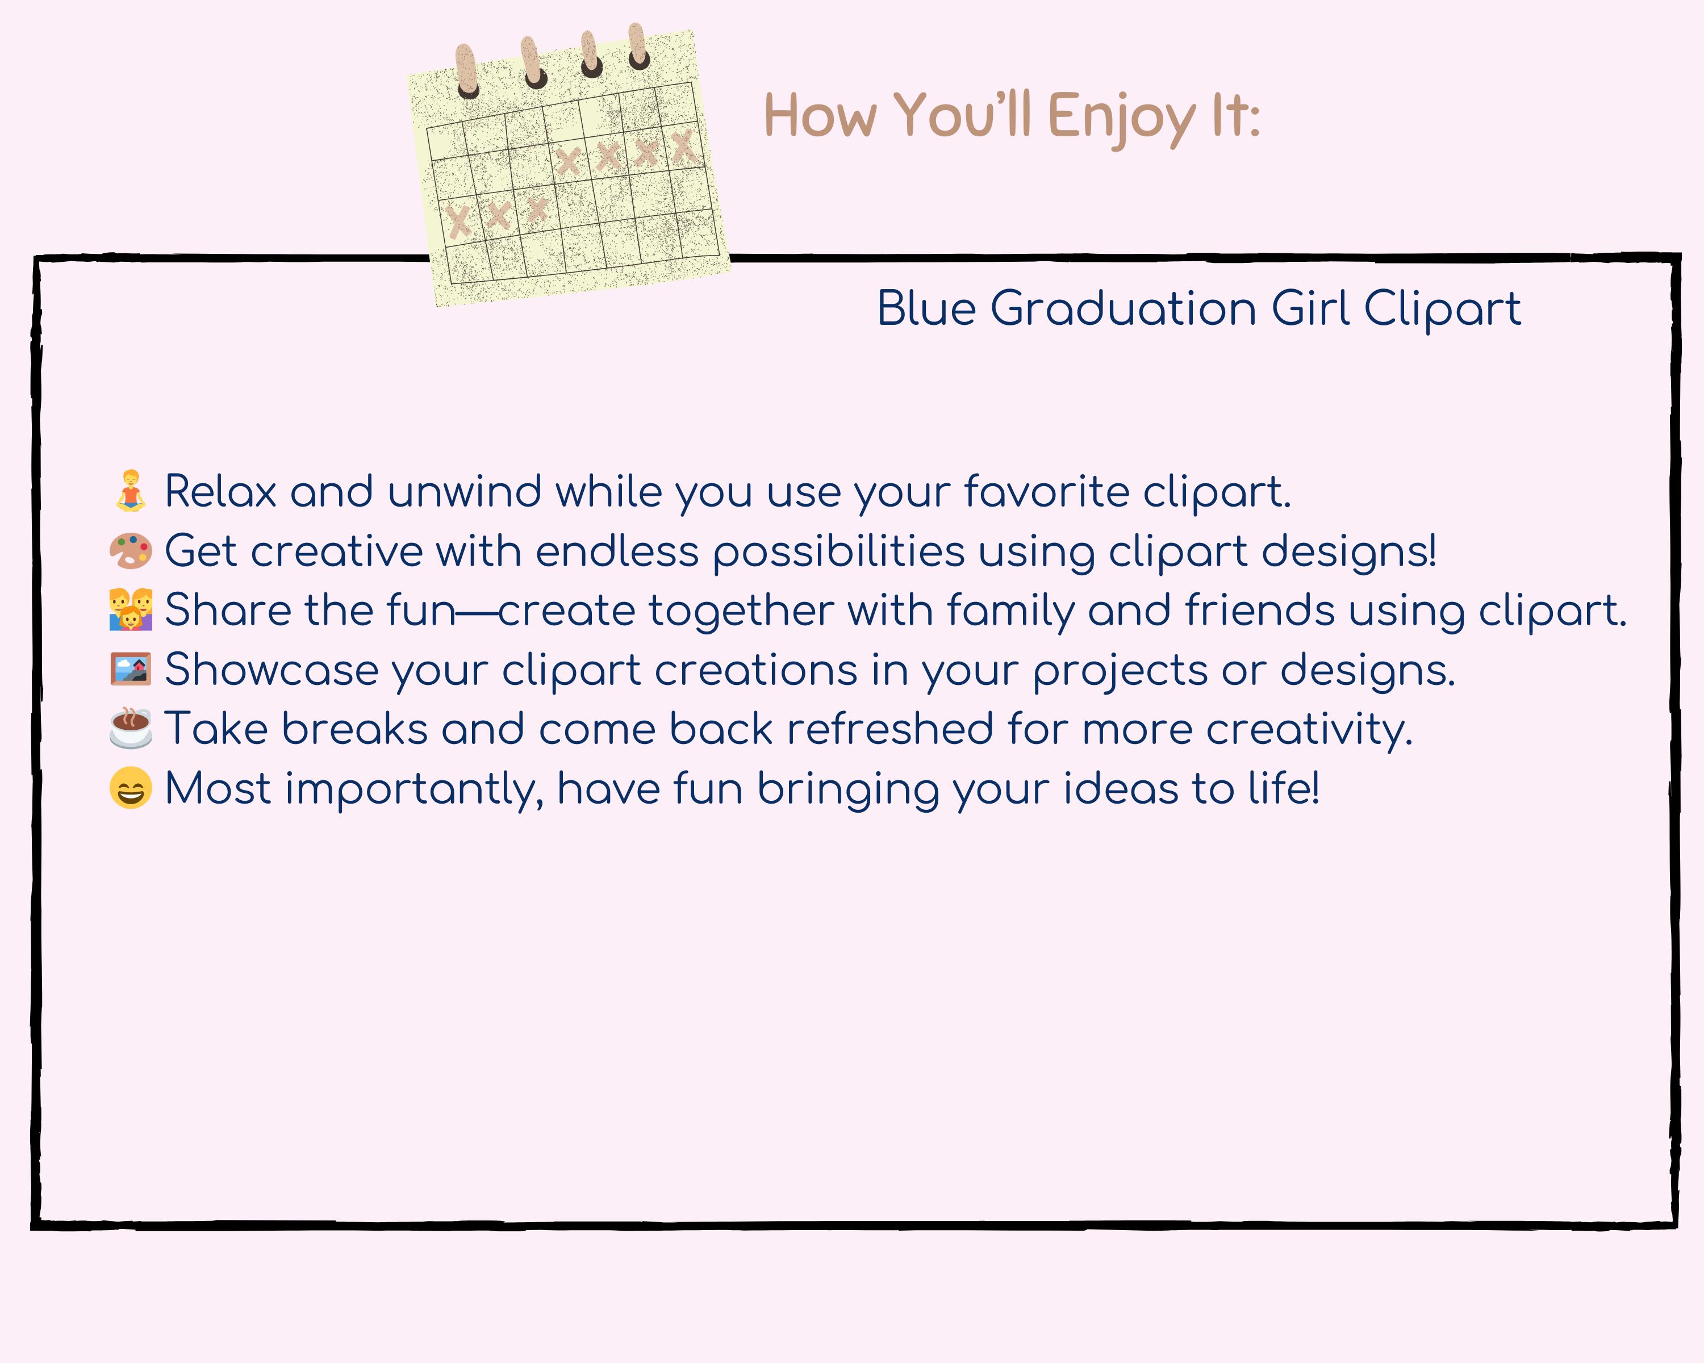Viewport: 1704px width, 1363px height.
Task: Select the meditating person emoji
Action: pos(131,491)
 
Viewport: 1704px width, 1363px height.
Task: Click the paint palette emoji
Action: pos(131,551)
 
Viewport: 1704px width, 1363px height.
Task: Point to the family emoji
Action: pos(131,609)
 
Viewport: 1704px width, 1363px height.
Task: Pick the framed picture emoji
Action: pos(131,668)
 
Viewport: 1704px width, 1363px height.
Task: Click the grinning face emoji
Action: pos(131,788)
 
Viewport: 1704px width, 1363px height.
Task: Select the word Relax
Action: pos(220,491)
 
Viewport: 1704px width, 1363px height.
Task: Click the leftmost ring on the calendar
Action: pos(466,71)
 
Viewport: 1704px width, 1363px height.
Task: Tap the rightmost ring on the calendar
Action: pos(638,47)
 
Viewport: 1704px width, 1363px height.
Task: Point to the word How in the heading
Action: pos(820,117)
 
